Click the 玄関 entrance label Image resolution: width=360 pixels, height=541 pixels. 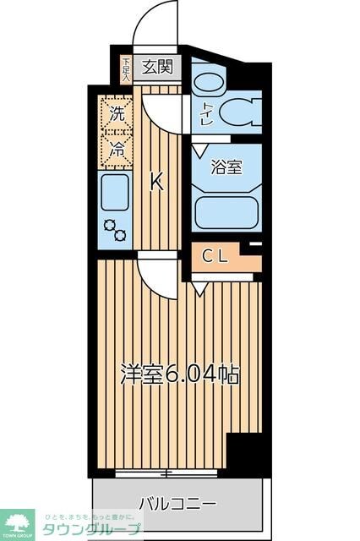pyautogui.click(x=156, y=66)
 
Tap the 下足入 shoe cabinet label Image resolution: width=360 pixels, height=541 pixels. pyautogui.click(x=125, y=68)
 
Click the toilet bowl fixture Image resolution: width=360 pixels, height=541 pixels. pyautogui.click(x=240, y=112)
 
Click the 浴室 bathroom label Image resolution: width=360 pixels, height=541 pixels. pyautogui.click(x=226, y=167)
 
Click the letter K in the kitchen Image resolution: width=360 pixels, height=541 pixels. pyautogui.click(x=157, y=182)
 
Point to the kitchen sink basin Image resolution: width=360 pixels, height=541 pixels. pyautogui.click(x=114, y=194)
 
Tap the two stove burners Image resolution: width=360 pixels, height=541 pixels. pyautogui.click(x=114, y=231)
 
